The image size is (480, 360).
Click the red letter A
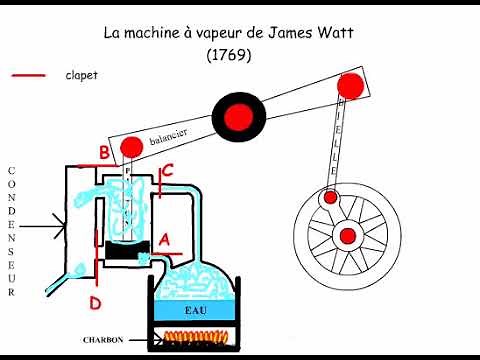pos(166,239)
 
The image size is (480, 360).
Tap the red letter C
pos(167,171)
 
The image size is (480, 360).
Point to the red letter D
pos(96,302)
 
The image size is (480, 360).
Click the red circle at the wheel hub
pos(348,236)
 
